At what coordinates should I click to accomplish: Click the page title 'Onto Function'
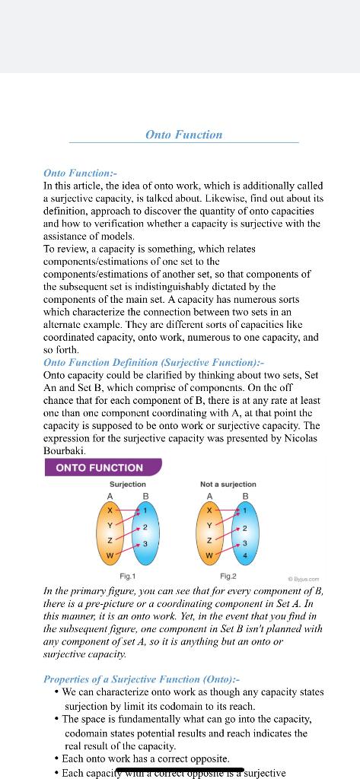tap(184, 135)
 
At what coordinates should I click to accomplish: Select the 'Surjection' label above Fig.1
tap(128, 484)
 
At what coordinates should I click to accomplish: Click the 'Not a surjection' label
tap(228, 484)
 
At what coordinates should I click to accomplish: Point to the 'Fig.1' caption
tap(128, 576)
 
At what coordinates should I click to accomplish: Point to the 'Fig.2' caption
tap(228, 576)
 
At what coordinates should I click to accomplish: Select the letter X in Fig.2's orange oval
tap(210, 510)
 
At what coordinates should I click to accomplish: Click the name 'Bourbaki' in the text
tap(65, 450)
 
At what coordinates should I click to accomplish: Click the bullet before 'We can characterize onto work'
tap(57, 692)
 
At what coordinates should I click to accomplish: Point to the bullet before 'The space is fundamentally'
tap(57, 719)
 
